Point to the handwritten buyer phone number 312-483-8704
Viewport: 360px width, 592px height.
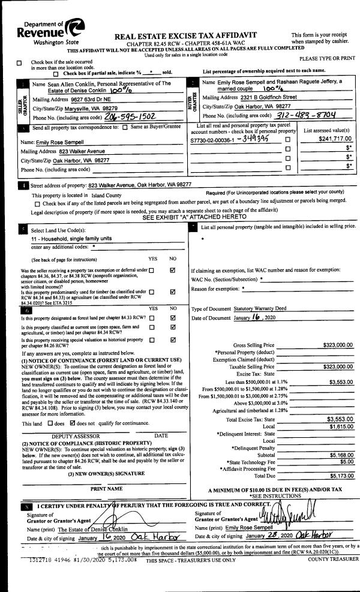click(302, 115)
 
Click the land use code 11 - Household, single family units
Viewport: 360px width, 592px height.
click(70, 239)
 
